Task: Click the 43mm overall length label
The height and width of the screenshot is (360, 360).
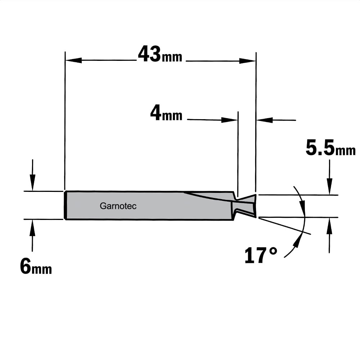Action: [160, 54]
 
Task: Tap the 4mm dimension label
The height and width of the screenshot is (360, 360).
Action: [166, 113]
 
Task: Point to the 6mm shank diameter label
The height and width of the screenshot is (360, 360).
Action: [36, 266]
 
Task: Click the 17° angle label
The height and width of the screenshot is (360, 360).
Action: [261, 255]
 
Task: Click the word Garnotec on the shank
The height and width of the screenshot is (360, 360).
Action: [118, 206]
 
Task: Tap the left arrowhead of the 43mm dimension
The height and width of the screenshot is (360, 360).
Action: [73, 60]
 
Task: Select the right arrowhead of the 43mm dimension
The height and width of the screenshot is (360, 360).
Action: [248, 61]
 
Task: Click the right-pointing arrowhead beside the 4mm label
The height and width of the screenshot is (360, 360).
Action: [229, 120]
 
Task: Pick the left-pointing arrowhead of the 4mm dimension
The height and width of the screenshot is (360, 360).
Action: [265, 120]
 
